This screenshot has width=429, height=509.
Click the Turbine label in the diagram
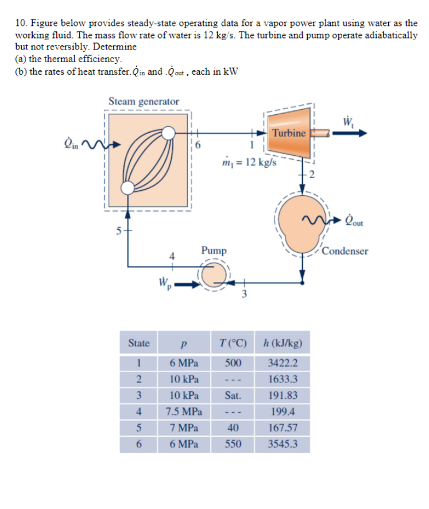[289, 133]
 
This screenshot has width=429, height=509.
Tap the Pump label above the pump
[214, 250]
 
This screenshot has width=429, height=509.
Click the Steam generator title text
[144, 102]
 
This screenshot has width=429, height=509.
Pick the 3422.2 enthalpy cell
[283, 364]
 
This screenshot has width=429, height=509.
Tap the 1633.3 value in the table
[283, 380]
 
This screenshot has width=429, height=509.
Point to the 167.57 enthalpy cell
[283, 428]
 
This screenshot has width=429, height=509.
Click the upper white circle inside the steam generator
[168, 133]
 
